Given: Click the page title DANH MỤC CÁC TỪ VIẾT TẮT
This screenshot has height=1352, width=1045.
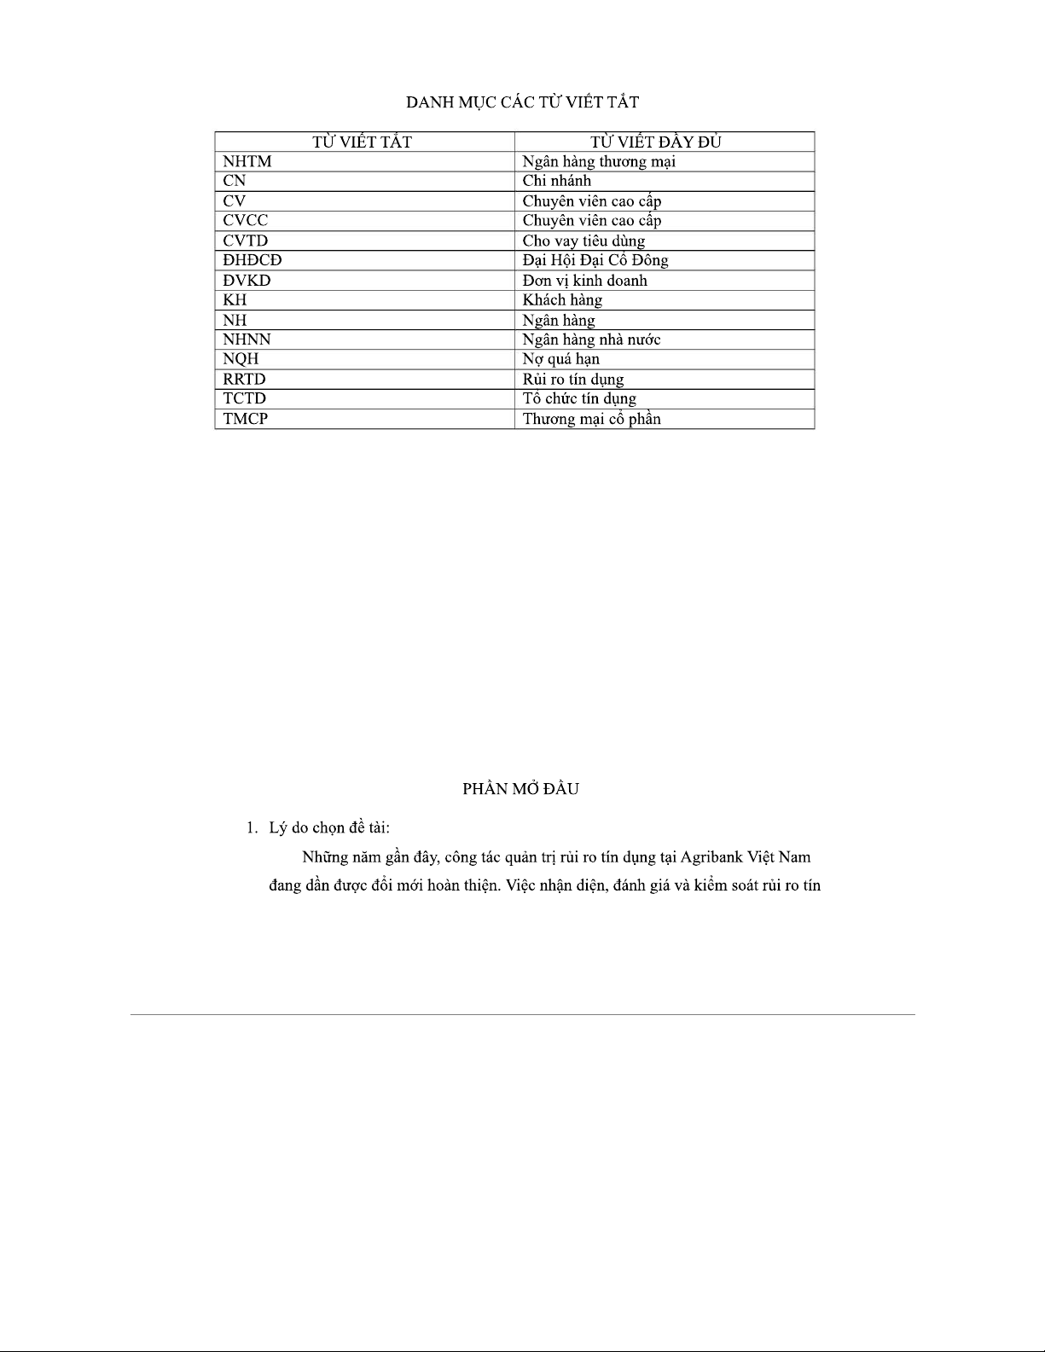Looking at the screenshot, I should click(x=522, y=102).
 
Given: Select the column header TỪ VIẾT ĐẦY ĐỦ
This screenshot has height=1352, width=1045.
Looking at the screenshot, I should click(x=655, y=142).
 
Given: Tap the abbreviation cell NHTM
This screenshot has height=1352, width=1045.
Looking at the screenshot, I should click(x=247, y=161).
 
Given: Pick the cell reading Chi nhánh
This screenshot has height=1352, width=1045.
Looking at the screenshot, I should click(x=556, y=181).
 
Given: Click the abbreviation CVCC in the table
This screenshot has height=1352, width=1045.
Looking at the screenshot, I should click(x=245, y=220).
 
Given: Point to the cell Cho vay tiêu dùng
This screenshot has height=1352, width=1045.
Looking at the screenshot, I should click(x=583, y=241).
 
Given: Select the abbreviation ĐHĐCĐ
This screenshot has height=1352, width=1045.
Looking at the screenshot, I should click(x=252, y=260).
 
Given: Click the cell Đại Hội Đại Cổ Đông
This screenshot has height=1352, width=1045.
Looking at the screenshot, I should click(x=595, y=260).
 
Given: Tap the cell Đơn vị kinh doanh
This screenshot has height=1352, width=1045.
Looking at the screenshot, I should click(x=584, y=281).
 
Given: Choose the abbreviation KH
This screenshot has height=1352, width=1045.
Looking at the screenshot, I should click(x=235, y=300).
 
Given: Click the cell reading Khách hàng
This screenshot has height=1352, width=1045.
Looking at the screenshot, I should click(x=562, y=300).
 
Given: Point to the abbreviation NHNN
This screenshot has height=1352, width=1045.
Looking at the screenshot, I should click(x=247, y=339).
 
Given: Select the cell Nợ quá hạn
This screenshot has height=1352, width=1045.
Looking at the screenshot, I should click(x=560, y=359).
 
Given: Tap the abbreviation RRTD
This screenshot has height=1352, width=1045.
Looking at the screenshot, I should click(x=244, y=379).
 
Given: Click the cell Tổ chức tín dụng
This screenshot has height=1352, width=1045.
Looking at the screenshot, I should click(x=579, y=398).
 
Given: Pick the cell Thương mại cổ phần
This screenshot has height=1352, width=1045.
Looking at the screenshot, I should click(x=591, y=419).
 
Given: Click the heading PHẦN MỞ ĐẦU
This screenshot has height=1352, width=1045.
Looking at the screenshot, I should click(x=520, y=789).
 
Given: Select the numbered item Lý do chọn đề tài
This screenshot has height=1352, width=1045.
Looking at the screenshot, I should click(x=329, y=827).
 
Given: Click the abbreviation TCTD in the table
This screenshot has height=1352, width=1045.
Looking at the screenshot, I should click(x=244, y=398).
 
